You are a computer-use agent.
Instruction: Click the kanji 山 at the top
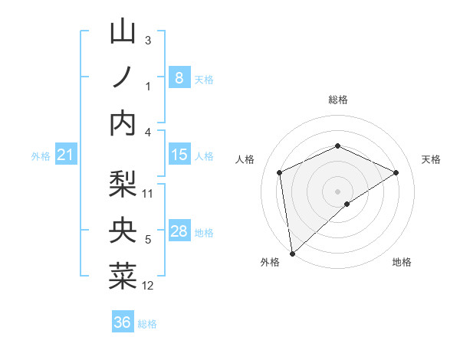point(123,32)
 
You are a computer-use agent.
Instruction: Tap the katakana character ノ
point(123,77)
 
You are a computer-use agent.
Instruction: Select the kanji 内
point(123,123)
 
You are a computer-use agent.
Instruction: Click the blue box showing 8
point(179,77)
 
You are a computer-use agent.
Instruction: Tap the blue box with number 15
point(179,155)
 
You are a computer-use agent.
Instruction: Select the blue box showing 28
point(179,231)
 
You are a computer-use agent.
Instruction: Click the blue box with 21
point(65,155)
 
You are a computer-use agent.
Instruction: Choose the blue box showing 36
point(122,322)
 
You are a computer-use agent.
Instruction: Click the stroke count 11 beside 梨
point(149,193)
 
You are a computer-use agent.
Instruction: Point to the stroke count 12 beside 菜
point(149,286)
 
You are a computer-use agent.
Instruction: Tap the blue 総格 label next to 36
point(148,324)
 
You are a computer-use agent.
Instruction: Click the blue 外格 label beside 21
point(41,156)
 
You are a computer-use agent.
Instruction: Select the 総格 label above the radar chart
point(337,100)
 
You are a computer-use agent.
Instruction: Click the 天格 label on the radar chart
point(431,159)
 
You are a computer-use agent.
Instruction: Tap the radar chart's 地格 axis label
point(402,262)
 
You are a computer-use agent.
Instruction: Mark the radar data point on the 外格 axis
point(292,253)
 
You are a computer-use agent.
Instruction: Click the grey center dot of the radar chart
point(337,191)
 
